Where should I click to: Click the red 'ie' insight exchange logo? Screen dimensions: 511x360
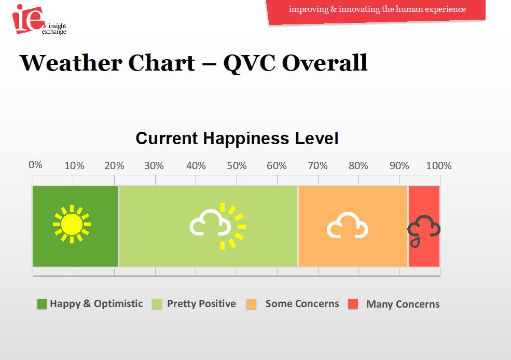(x=29, y=19)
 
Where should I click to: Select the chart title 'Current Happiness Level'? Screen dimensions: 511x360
(x=237, y=138)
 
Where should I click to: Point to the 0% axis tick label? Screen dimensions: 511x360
(x=35, y=164)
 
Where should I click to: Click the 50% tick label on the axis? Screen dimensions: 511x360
(x=237, y=165)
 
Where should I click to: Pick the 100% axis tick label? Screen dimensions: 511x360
(x=439, y=165)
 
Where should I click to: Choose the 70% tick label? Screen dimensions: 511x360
(x=317, y=165)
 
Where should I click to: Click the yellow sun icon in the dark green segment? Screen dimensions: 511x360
(x=72, y=224)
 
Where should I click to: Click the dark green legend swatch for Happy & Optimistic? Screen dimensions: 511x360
(x=42, y=303)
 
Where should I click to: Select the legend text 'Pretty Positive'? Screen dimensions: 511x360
(x=201, y=303)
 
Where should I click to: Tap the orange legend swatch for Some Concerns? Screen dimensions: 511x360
(x=251, y=303)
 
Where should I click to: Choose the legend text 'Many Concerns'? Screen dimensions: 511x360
(x=403, y=304)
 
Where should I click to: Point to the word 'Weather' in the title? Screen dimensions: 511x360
(x=72, y=63)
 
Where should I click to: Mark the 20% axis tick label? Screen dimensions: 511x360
(x=114, y=165)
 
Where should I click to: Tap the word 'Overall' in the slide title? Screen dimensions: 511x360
(x=325, y=63)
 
